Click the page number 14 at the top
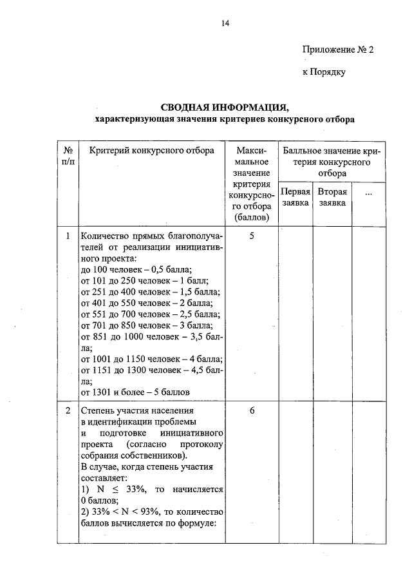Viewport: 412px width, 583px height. point(225,24)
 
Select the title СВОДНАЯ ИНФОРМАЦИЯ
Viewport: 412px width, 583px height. point(225,107)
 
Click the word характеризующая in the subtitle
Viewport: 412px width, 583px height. point(129,119)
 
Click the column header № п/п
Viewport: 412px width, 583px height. point(68,156)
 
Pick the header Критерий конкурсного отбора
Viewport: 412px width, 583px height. point(142,151)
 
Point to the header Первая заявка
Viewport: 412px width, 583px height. point(295,197)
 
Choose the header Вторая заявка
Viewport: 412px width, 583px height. point(332,197)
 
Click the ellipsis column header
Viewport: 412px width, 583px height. point(368,193)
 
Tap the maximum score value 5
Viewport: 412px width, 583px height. point(252,236)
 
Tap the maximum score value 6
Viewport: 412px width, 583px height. point(252,410)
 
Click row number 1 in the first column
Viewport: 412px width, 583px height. point(68,236)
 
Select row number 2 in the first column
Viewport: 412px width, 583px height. point(68,410)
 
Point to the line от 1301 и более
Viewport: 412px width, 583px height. point(135,391)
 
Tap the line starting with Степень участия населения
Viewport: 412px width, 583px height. point(136,410)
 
